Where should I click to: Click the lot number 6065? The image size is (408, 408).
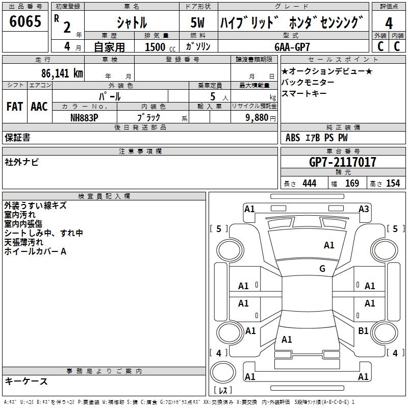tap(25, 22)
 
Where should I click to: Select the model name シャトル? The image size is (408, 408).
tap(132, 22)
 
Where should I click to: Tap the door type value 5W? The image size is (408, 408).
tap(198, 22)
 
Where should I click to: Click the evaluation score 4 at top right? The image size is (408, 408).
tap(389, 22)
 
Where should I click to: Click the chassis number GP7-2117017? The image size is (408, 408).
tap(343, 162)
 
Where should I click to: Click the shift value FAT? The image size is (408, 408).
tap(14, 107)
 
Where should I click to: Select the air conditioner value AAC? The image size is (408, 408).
tap(39, 107)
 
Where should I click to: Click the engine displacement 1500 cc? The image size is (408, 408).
tap(158, 47)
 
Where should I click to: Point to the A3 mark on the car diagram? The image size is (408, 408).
tap(364, 209)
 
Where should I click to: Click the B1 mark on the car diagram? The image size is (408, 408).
tap(363, 331)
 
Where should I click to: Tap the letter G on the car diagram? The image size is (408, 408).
tap(322, 269)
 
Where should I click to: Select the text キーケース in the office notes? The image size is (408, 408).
tap(27, 381)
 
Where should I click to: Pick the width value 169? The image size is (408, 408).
tap(352, 184)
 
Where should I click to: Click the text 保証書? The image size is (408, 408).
tap(17, 138)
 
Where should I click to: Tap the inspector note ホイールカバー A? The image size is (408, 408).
tap(35, 251)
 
